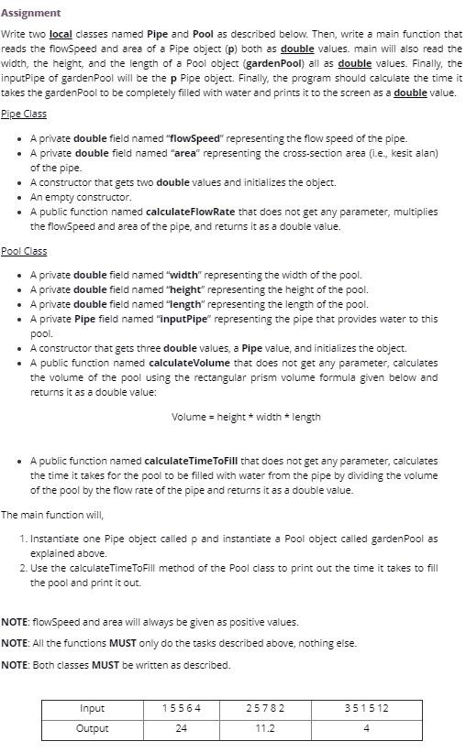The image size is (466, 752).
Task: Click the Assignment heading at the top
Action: (x=31, y=13)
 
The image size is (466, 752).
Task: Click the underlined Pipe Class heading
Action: (x=24, y=114)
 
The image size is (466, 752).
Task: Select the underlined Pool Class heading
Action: (x=24, y=251)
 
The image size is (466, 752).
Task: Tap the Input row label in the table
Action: (x=92, y=708)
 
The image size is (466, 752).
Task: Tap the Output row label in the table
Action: (x=92, y=728)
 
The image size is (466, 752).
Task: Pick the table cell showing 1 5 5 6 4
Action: (x=181, y=708)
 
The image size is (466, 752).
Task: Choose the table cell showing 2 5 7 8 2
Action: (x=265, y=708)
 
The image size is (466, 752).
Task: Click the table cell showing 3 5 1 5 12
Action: (x=366, y=708)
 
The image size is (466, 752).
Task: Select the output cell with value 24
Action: (x=181, y=728)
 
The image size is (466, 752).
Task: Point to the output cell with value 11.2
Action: (x=265, y=728)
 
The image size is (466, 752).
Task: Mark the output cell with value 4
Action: (x=366, y=728)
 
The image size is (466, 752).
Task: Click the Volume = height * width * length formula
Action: (x=246, y=417)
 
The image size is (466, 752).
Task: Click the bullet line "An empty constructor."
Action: (x=81, y=197)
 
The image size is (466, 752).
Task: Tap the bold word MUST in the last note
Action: (x=105, y=665)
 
